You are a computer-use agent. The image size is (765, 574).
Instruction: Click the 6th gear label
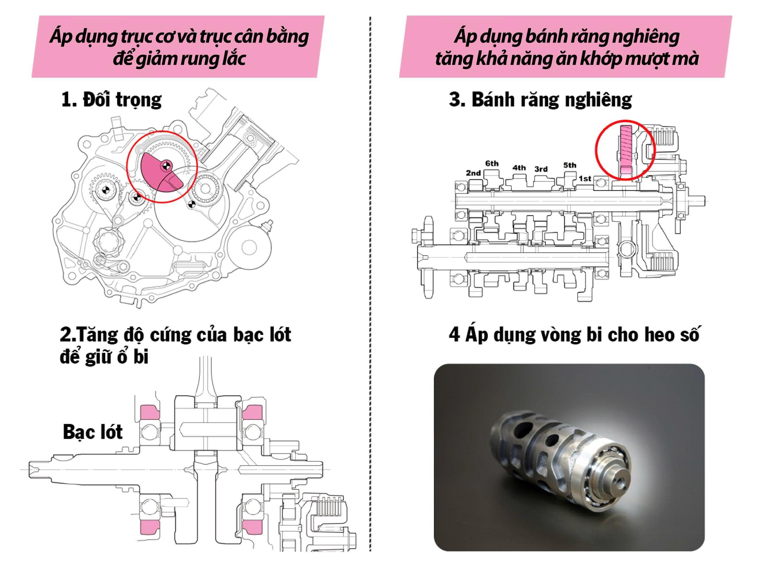pyautogui.click(x=492, y=163)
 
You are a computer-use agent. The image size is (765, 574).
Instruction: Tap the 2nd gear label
pyautogui.click(x=473, y=173)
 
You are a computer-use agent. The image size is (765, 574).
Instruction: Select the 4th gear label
pyautogui.click(x=519, y=168)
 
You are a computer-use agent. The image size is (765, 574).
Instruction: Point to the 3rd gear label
pyautogui.click(x=541, y=169)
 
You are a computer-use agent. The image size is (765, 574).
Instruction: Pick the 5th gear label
pyautogui.click(x=570, y=165)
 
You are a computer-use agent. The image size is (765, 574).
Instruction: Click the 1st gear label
pyautogui.click(x=585, y=178)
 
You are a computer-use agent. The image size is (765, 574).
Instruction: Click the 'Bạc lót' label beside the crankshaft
pyautogui.click(x=93, y=432)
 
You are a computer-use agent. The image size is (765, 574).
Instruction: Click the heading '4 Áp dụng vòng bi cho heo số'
pyautogui.click(x=574, y=335)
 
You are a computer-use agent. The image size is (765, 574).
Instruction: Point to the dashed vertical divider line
pyautogui.click(x=370, y=277)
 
